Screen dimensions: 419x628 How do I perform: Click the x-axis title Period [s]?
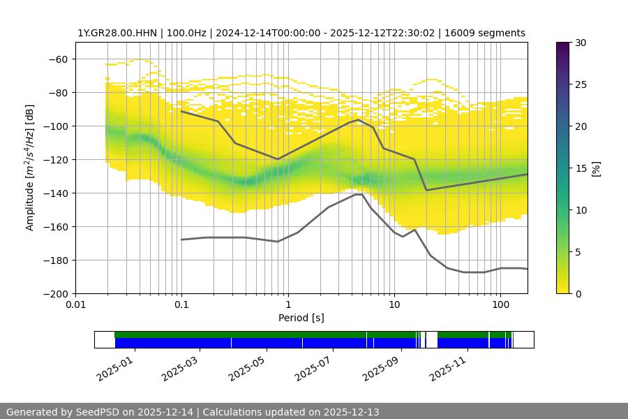pyautogui.click(x=301, y=318)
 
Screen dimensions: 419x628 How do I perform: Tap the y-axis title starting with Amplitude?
pyautogui.click(x=30, y=168)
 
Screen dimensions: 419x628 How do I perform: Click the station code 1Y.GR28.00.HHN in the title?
pyautogui.click(x=118, y=34)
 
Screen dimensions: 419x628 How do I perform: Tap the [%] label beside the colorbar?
pyautogui.click(x=596, y=168)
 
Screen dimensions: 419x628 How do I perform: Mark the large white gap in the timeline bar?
pyautogui.click(x=431, y=339)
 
